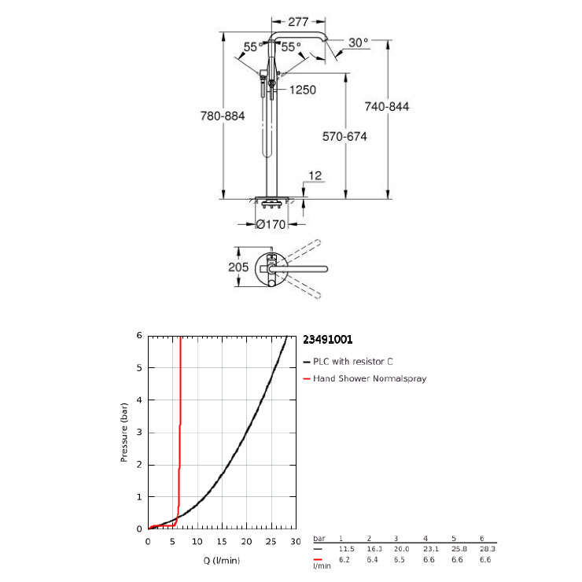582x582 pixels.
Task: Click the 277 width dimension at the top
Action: click(x=298, y=22)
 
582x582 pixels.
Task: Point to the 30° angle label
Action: click(x=358, y=42)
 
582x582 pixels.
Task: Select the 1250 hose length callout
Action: click(x=303, y=90)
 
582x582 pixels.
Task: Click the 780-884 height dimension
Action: click(x=223, y=116)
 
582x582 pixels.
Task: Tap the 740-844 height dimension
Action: click(x=387, y=106)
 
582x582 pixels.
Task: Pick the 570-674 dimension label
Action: click(x=344, y=137)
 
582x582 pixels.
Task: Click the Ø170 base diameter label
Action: click(x=271, y=225)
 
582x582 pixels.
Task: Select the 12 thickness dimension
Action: click(x=315, y=175)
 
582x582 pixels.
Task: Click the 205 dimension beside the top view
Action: click(x=238, y=267)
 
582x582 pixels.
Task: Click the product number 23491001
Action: click(x=328, y=340)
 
